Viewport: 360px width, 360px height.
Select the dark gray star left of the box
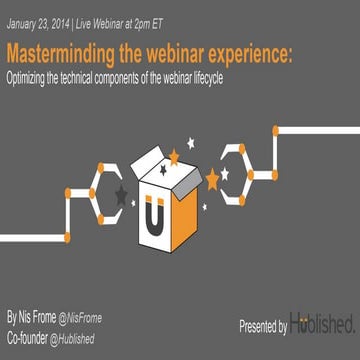[x=123, y=187]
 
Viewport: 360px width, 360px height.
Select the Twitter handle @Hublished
[x=85, y=338]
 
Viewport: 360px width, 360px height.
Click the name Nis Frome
[x=37, y=317]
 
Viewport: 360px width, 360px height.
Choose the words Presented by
[x=263, y=327]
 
